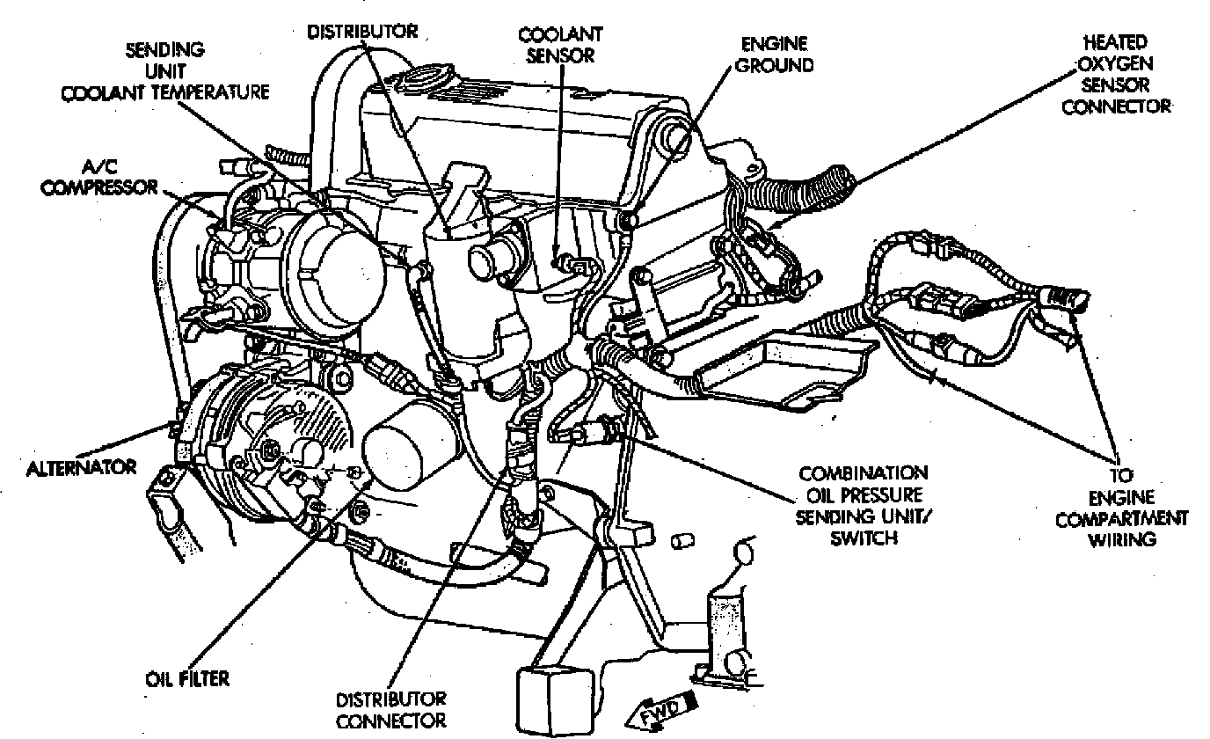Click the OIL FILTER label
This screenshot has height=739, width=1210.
click(x=186, y=679)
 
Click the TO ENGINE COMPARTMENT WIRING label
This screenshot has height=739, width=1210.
click(x=1134, y=506)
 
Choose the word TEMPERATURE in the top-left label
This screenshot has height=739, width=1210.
click(x=210, y=91)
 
